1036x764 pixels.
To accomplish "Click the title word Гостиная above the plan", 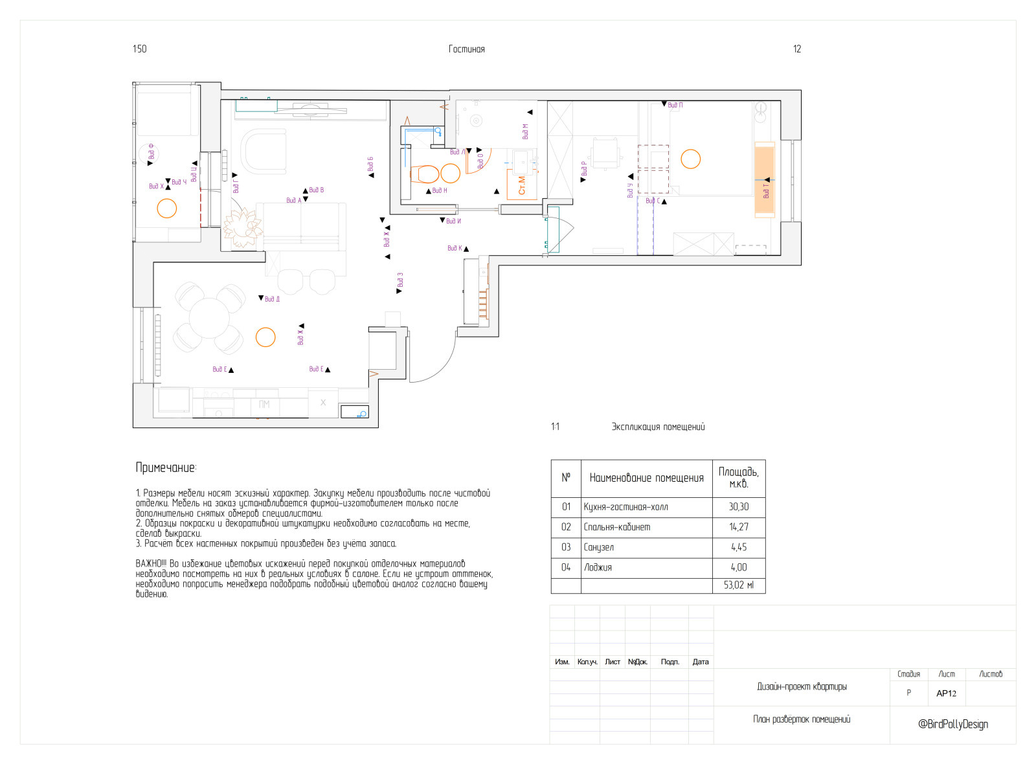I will pyautogui.click(x=466, y=49).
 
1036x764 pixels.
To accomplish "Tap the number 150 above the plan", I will pyautogui.click(x=139, y=49).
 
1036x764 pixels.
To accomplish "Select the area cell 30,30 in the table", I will pyautogui.click(x=738, y=507).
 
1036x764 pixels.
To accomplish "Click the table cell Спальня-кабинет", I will pyautogui.click(x=616, y=527).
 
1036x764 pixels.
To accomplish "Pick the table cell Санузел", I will pyautogui.click(x=598, y=547).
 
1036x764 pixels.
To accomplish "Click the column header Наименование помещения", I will pyautogui.click(x=646, y=478).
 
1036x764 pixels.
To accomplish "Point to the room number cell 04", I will pyautogui.click(x=566, y=567).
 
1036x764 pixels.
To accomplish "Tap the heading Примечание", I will pyautogui.click(x=166, y=467).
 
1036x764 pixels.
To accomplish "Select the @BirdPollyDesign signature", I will pyautogui.click(x=952, y=724).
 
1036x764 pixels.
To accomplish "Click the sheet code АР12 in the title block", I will pyautogui.click(x=946, y=693).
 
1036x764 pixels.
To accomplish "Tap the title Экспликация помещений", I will pyautogui.click(x=658, y=427).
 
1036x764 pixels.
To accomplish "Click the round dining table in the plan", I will pyautogui.click(x=208, y=317).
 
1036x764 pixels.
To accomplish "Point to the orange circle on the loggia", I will pyautogui.click(x=167, y=208).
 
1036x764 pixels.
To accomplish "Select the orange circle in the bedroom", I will pyautogui.click(x=691, y=159).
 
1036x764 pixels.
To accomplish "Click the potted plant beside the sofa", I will pyautogui.click(x=243, y=227).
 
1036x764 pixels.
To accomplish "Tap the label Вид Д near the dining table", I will pyautogui.click(x=272, y=299).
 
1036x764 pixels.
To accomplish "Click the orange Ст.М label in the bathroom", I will pyautogui.click(x=522, y=186).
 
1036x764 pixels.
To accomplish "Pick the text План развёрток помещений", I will pyautogui.click(x=801, y=719).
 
